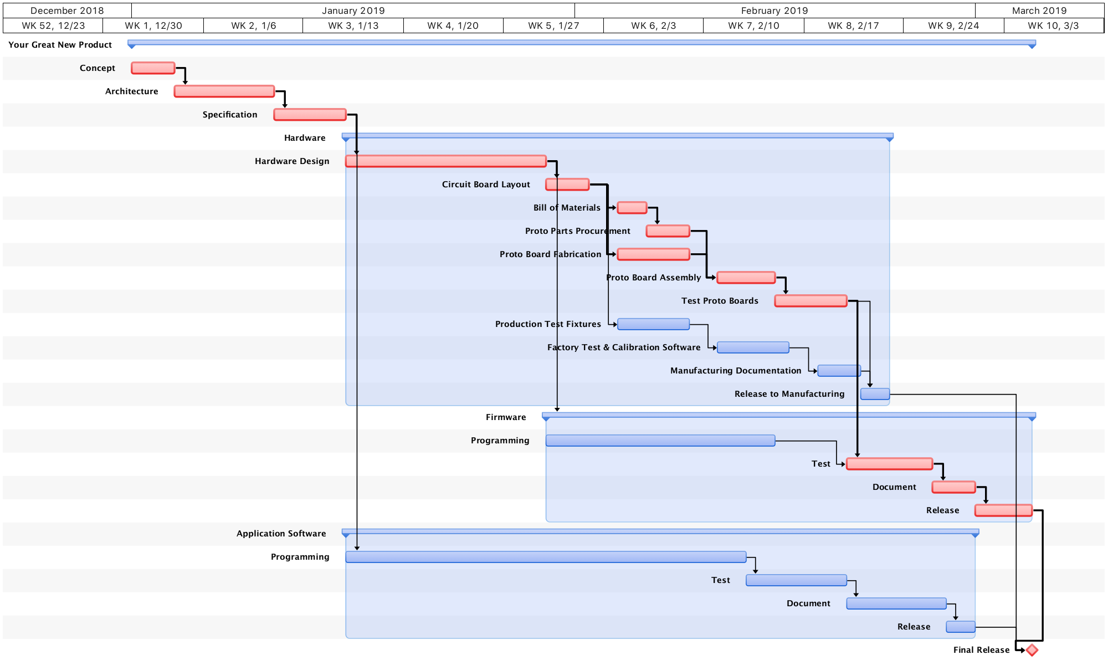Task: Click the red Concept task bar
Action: click(153, 68)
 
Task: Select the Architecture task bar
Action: click(224, 91)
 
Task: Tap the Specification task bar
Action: click(310, 115)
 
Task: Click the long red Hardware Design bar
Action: click(446, 161)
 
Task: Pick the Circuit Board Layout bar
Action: click(567, 185)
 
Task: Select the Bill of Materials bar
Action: click(632, 208)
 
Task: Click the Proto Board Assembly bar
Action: click(746, 278)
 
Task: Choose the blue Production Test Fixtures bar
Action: click(653, 324)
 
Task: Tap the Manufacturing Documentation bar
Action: click(839, 371)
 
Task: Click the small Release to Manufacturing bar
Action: click(875, 394)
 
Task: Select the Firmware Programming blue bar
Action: click(660, 441)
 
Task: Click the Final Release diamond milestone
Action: click(1032, 650)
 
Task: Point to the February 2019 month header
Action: click(774, 11)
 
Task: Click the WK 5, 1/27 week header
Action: click(553, 25)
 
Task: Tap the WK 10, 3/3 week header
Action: click(1053, 25)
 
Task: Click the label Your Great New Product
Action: click(60, 45)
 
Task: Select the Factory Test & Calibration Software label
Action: click(624, 347)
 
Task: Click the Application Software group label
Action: click(281, 534)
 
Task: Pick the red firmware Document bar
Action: click(953, 487)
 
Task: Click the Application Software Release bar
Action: click(960, 627)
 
